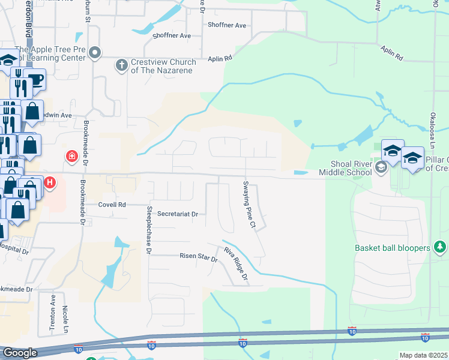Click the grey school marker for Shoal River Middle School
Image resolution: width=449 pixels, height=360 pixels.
coord(381,167)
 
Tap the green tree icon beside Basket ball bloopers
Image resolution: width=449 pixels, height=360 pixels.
coord(440,247)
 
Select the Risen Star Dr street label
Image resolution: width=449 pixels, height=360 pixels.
coord(198,257)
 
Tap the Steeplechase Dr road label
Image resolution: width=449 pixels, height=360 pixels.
coord(149,230)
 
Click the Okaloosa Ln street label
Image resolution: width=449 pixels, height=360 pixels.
coord(432,130)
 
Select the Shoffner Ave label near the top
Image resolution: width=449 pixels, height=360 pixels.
coord(227,26)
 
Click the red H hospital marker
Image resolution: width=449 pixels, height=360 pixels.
coord(50,182)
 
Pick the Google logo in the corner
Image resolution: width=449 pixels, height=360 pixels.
coord(19,353)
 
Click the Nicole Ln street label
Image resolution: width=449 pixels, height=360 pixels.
coord(65,321)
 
